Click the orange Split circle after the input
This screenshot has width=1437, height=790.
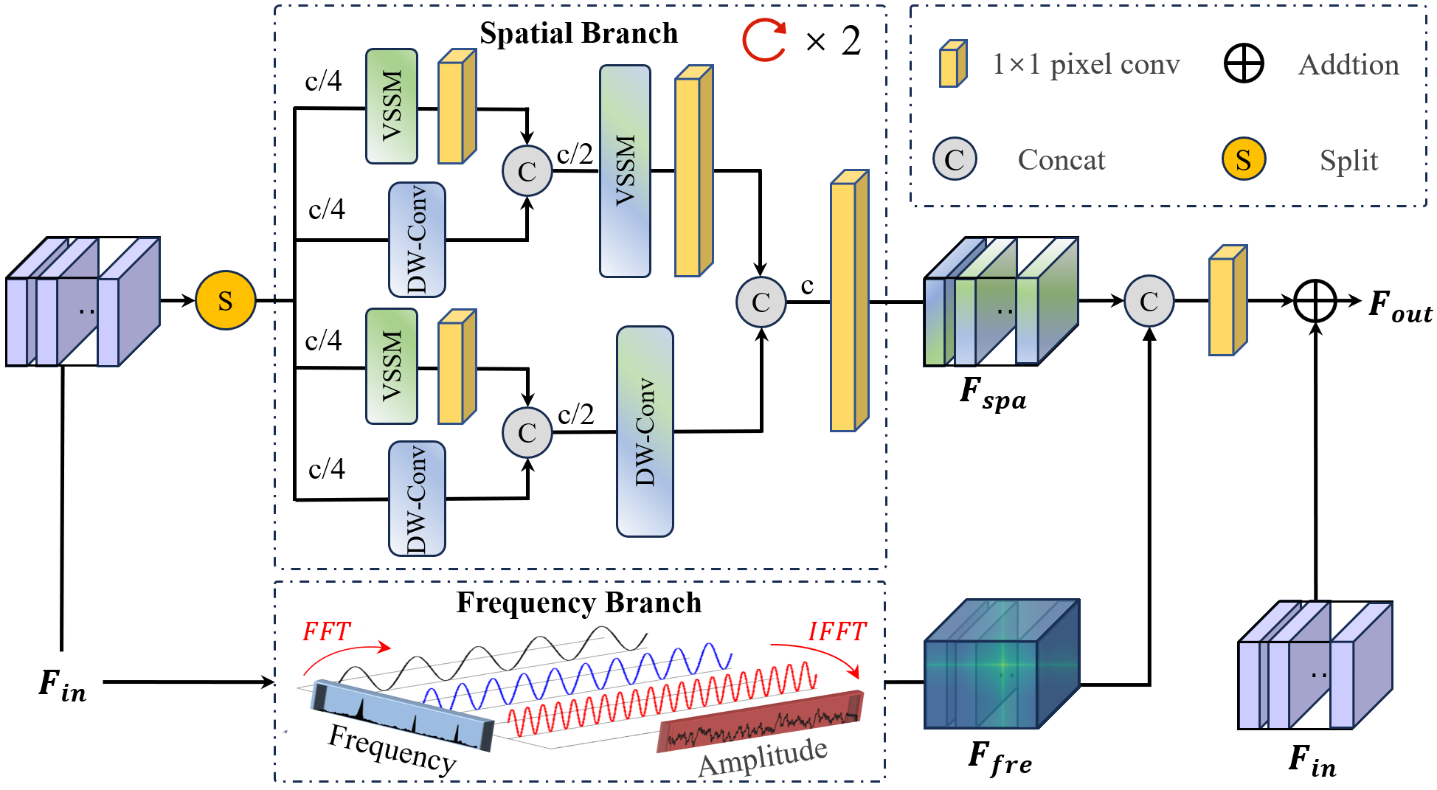(x=225, y=300)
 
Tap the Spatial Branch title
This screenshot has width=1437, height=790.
(x=578, y=33)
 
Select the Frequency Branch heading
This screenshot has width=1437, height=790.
(x=578, y=603)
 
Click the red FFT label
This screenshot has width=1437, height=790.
(x=326, y=632)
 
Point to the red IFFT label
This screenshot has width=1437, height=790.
(x=837, y=632)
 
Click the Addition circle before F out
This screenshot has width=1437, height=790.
(x=1315, y=301)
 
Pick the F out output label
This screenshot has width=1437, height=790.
(x=1399, y=305)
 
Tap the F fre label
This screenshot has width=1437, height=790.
(x=1000, y=759)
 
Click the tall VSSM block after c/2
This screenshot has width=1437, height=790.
(x=625, y=171)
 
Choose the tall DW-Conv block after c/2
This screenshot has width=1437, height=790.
(x=645, y=432)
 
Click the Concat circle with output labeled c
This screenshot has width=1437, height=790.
(x=761, y=302)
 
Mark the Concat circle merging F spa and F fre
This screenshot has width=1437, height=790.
(x=1149, y=301)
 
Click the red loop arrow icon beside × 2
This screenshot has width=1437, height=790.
(x=764, y=41)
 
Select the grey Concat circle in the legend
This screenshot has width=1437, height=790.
(x=955, y=159)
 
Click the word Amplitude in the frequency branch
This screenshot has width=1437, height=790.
(x=763, y=757)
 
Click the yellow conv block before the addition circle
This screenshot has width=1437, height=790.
(x=1227, y=301)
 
